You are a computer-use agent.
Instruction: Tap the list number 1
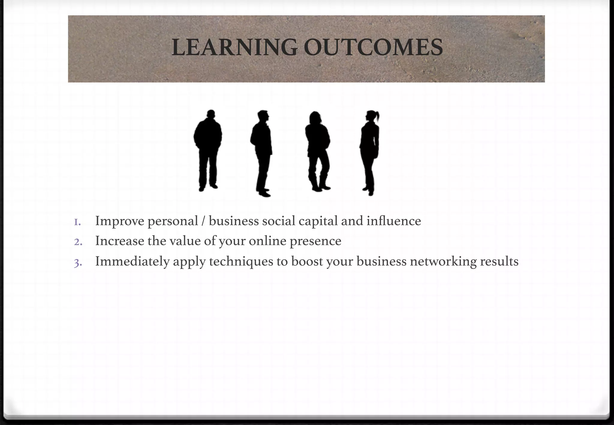click(x=77, y=222)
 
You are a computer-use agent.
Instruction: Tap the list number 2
click(x=78, y=242)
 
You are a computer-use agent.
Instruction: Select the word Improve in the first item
click(x=120, y=221)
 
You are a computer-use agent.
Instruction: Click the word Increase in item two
click(x=120, y=241)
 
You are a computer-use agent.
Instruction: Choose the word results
click(x=499, y=261)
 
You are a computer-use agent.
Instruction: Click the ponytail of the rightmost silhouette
click(x=377, y=117)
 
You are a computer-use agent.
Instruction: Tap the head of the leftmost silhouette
click(x=211, y=114)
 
